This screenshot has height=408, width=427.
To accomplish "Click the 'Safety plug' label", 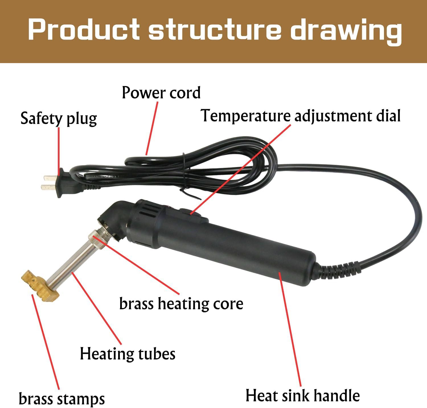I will pos(58,118).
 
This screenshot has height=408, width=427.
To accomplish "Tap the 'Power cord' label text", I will pos(161,93).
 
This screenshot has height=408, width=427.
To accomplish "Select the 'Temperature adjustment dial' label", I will pos(301,116).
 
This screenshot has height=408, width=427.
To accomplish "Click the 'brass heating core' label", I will pos(181,303).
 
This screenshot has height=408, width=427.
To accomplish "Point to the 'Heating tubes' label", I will pos(128,354).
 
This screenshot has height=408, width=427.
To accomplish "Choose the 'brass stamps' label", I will pos(61,399).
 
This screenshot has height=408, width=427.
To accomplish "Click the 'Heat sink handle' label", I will pos(303,396).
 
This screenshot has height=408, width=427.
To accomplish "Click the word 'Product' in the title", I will pos(84,30).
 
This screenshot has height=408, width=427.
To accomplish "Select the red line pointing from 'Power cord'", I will pos(152,128).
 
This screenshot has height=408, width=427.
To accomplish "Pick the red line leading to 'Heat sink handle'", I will pos(290,328).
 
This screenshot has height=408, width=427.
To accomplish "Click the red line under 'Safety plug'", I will pos(59,148).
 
